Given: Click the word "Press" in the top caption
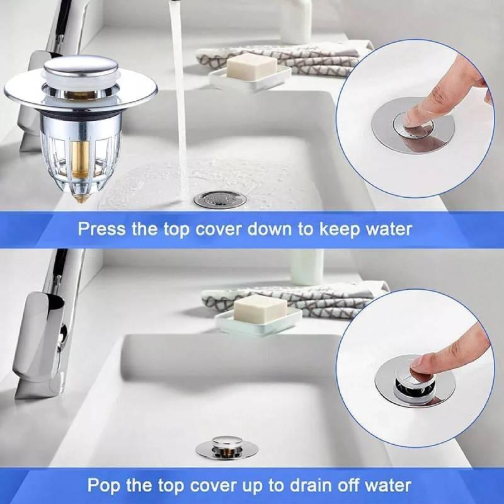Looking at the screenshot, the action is (x=102, y=229).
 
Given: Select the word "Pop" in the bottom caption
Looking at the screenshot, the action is (x=103, y=485).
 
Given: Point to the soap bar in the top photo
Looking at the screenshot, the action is (x=251, y=67).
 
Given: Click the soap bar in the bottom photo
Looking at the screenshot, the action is (x=259, y=309).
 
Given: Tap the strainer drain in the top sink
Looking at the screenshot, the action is (x=220, y=200).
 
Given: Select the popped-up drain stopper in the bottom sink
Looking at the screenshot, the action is (x=227, y=447).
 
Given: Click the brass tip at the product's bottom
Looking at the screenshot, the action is (x=82, y=198).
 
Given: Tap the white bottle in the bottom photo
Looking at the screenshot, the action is (x=306, y=266).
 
